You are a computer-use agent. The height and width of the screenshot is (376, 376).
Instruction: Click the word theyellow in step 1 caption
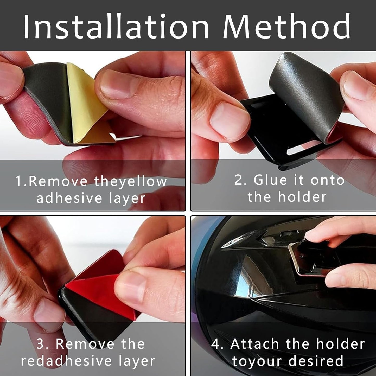click(x=130, y=181)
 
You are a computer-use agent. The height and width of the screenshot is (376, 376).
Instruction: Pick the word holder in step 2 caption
click(x=302, y=197)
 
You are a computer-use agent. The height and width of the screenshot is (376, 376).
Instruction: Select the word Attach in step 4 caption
click(x=255, y=344)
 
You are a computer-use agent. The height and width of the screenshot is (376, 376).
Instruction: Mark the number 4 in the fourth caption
click(x=216, y=344)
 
